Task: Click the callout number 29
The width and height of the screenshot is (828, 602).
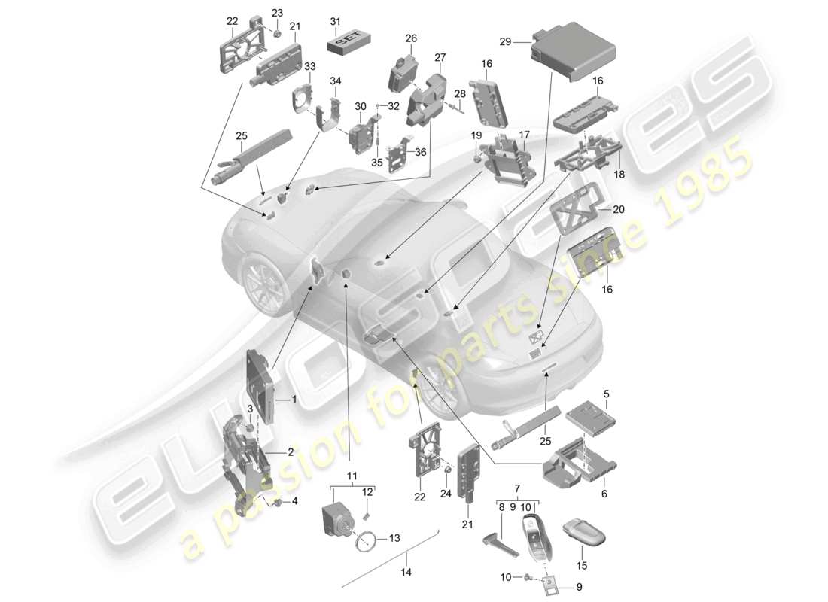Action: coord(505,43)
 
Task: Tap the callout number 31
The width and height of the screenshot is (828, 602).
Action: coord(335,20)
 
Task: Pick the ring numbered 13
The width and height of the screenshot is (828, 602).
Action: coord(368,540)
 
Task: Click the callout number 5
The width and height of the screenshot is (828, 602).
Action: coord(607,393)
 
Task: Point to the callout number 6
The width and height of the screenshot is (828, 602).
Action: coord(604,494)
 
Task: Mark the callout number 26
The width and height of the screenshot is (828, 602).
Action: coord(411,38)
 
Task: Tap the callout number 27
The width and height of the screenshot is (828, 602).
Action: coord(440,57)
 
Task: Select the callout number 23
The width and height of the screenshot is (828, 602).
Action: coord(278,13)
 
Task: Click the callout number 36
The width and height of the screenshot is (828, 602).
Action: coord(420,151)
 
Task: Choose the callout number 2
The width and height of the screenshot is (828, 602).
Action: coord(289,452)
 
